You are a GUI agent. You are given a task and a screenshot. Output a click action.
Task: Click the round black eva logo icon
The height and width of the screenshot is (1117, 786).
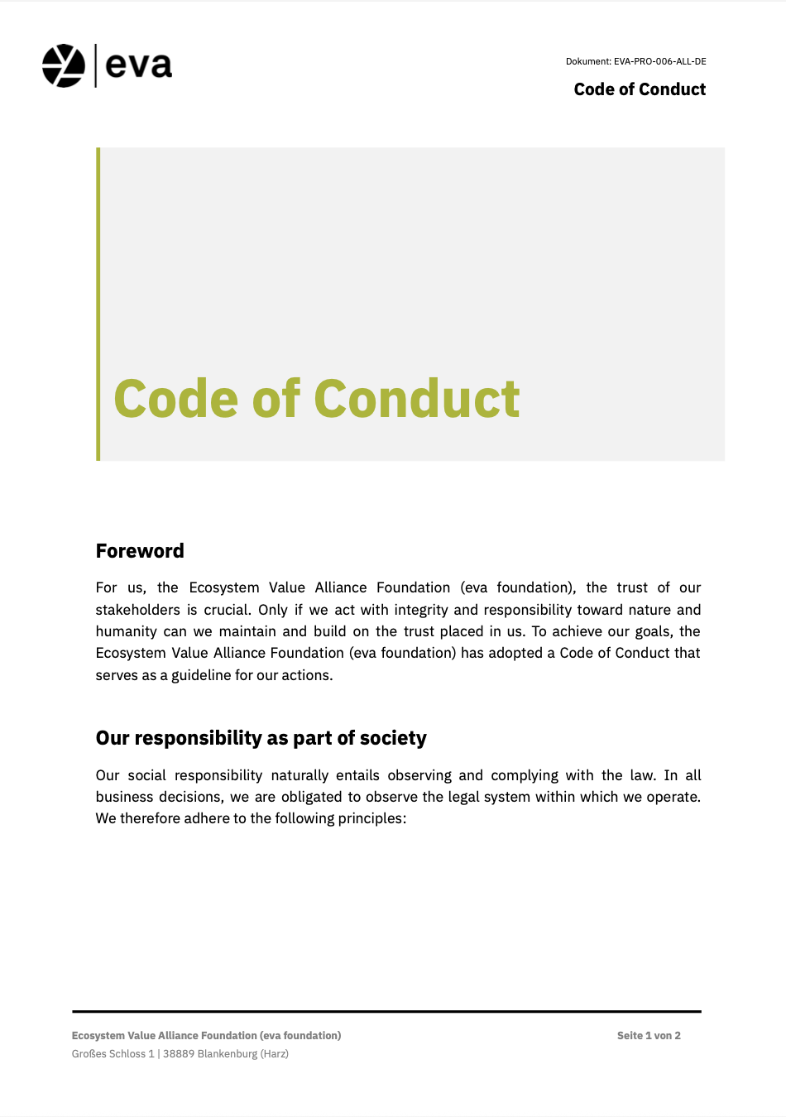(x=64, y=65)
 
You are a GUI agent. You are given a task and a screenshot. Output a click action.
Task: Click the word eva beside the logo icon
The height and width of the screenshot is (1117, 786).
(x=139, y=65)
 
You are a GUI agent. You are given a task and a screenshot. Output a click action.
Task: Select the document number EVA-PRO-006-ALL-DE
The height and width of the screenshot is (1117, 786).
(x=659, y=61)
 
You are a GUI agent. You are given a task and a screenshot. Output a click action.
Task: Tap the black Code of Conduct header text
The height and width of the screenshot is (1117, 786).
(x=640, y=89)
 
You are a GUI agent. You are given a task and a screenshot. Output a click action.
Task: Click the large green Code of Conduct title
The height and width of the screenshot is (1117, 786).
(x=317, y=399)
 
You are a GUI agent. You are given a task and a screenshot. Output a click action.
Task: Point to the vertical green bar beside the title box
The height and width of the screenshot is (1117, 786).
(x=98, y=304)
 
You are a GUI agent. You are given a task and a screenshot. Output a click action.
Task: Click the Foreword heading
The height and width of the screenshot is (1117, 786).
(x=140, y=551)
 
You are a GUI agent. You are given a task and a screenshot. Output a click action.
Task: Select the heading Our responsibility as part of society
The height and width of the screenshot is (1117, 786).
(x=261, y=738)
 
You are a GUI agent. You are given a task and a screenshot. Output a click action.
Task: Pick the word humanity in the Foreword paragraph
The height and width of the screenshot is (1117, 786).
(x=127, y=631)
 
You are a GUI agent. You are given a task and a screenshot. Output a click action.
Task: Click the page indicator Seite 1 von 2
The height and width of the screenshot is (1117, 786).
(x=649, y=1036)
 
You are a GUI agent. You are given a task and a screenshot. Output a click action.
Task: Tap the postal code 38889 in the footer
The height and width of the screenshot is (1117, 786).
(x=178, y=1054)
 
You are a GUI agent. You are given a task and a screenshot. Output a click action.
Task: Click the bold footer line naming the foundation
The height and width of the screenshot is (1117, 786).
(x=206, y=1036)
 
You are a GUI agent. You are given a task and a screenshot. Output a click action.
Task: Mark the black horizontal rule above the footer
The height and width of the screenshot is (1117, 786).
(x=386, y=1011)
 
